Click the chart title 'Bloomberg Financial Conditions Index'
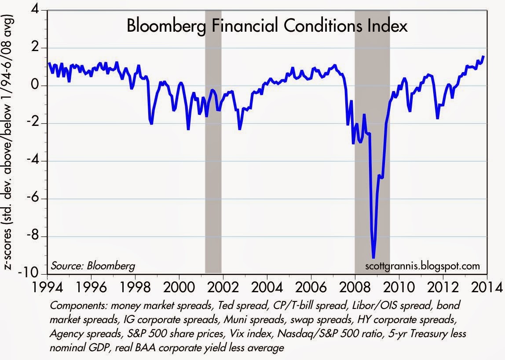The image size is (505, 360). click(x=267, y=26)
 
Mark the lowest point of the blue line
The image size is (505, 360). click(x=373, y=258)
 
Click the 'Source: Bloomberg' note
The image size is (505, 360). click(x=93, y=266)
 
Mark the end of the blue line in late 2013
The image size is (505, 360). click(x=484, y=56)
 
